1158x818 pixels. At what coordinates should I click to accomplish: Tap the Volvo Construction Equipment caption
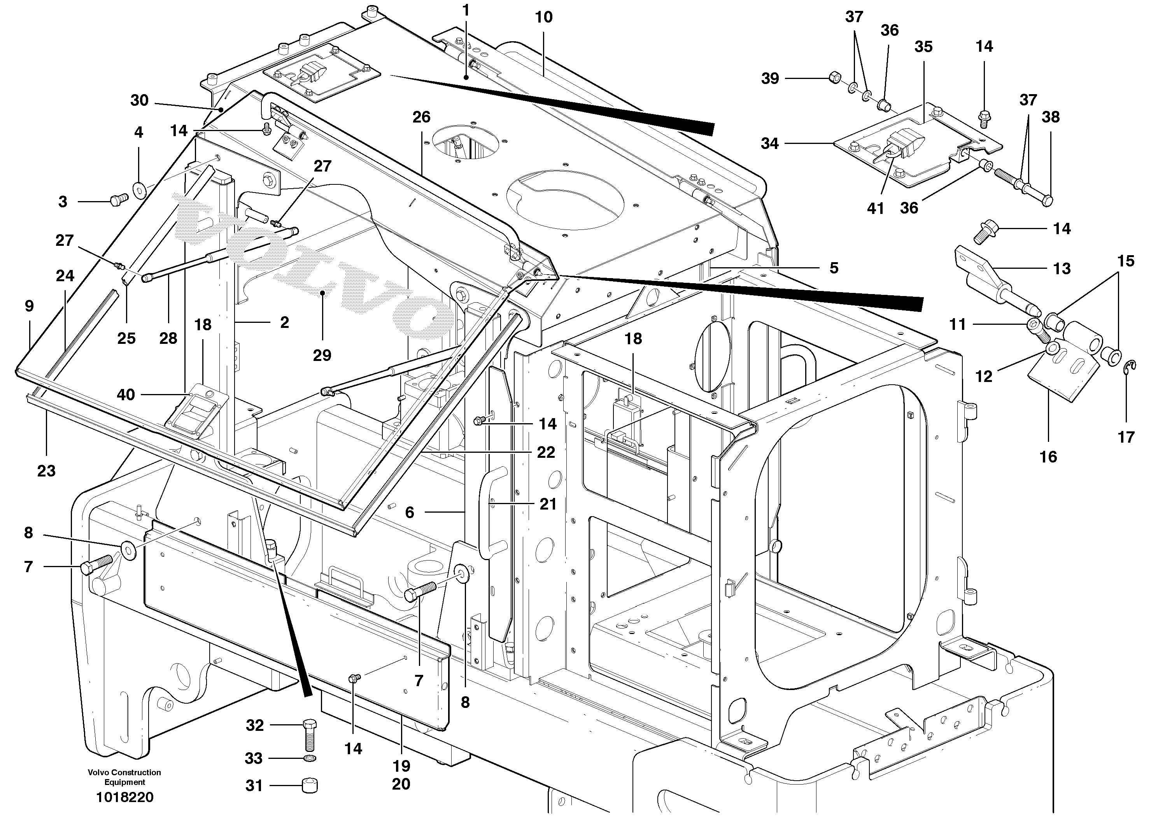(124, 777)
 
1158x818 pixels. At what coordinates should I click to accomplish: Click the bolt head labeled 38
(1047, 200)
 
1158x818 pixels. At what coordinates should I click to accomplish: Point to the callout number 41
(876, 208)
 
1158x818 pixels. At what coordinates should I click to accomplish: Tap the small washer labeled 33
(310, 758)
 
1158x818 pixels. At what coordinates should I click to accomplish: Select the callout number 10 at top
(544, 17)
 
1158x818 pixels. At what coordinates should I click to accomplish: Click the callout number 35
(923, 47)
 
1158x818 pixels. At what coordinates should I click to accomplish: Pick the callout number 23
(46, 471)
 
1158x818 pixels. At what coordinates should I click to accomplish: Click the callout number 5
(834, 268)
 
